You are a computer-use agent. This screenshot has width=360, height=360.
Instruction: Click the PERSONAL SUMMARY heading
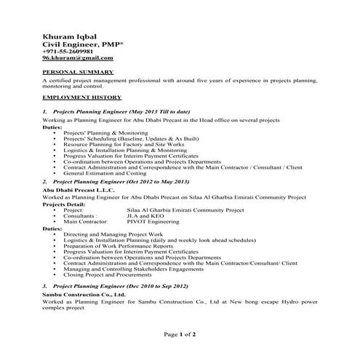click(77, 73)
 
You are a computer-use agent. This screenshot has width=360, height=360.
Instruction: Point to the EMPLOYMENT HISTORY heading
click(81, 97)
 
